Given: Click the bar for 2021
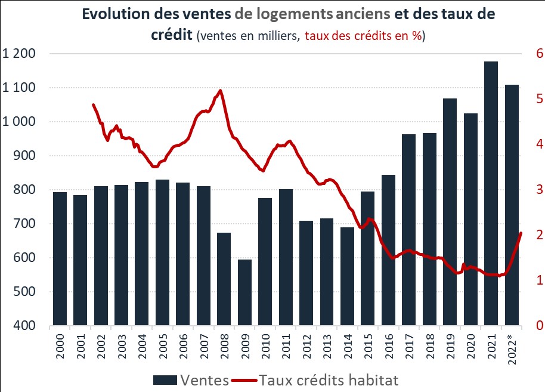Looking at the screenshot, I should pos(491,194).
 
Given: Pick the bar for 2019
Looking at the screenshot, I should pos(450,212).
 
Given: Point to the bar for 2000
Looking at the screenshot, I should pos(60,259).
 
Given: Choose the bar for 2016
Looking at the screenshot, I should pos(388,251).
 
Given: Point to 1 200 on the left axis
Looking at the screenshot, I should pos(19,54).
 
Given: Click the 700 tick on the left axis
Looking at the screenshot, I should pos(26,224).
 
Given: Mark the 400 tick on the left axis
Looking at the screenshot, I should pos(26,326).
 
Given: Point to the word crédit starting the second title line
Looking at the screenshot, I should pos(171,35).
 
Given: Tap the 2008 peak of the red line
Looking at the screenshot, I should pos(221,91).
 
